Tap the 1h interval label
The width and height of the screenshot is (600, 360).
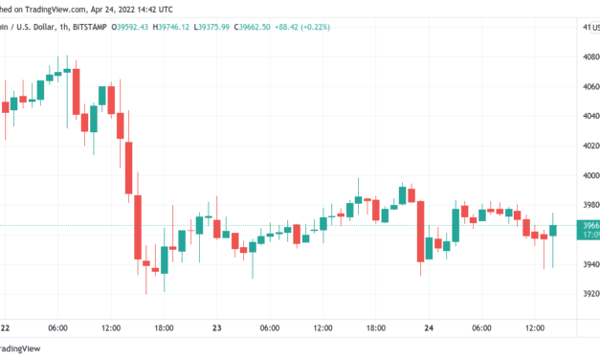64,28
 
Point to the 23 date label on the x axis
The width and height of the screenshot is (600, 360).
217,328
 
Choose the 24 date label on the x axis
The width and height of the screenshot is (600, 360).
429,328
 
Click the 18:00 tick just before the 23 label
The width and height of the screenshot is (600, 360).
164,328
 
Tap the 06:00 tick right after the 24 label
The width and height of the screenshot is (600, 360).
481,328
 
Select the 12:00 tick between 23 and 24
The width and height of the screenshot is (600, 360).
322,328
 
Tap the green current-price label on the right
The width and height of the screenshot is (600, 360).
586,229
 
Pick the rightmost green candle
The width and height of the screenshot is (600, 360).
553,231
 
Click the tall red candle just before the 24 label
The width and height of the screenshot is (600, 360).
419,230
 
